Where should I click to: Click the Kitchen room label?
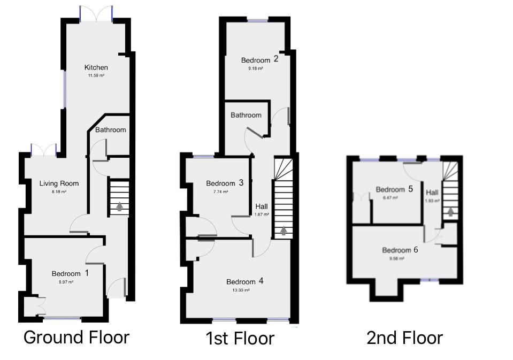pos(96,67)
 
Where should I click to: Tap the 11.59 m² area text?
pos(96,76)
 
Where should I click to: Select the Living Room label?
pos(59,183)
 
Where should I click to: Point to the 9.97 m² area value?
pos(66,282)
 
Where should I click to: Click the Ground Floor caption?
pos(76,338)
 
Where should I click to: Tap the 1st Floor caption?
pos(240,338)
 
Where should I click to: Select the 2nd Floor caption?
pos(404,338)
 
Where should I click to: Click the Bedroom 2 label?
pos(259,60)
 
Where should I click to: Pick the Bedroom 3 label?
pos(225,183)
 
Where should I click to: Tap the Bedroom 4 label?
pos(245,282)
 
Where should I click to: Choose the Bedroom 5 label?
pos(394,189)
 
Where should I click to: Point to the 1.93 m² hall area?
pos(432,201)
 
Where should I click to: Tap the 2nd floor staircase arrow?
pos(451,212)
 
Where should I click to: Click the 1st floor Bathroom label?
pos(246,115)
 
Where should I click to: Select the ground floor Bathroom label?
pos(111,130)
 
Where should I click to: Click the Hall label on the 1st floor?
pos(262,206)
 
